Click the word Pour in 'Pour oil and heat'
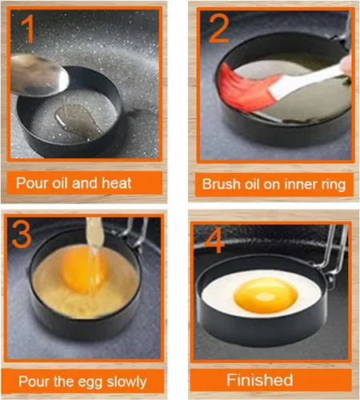(x=33, y=182)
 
